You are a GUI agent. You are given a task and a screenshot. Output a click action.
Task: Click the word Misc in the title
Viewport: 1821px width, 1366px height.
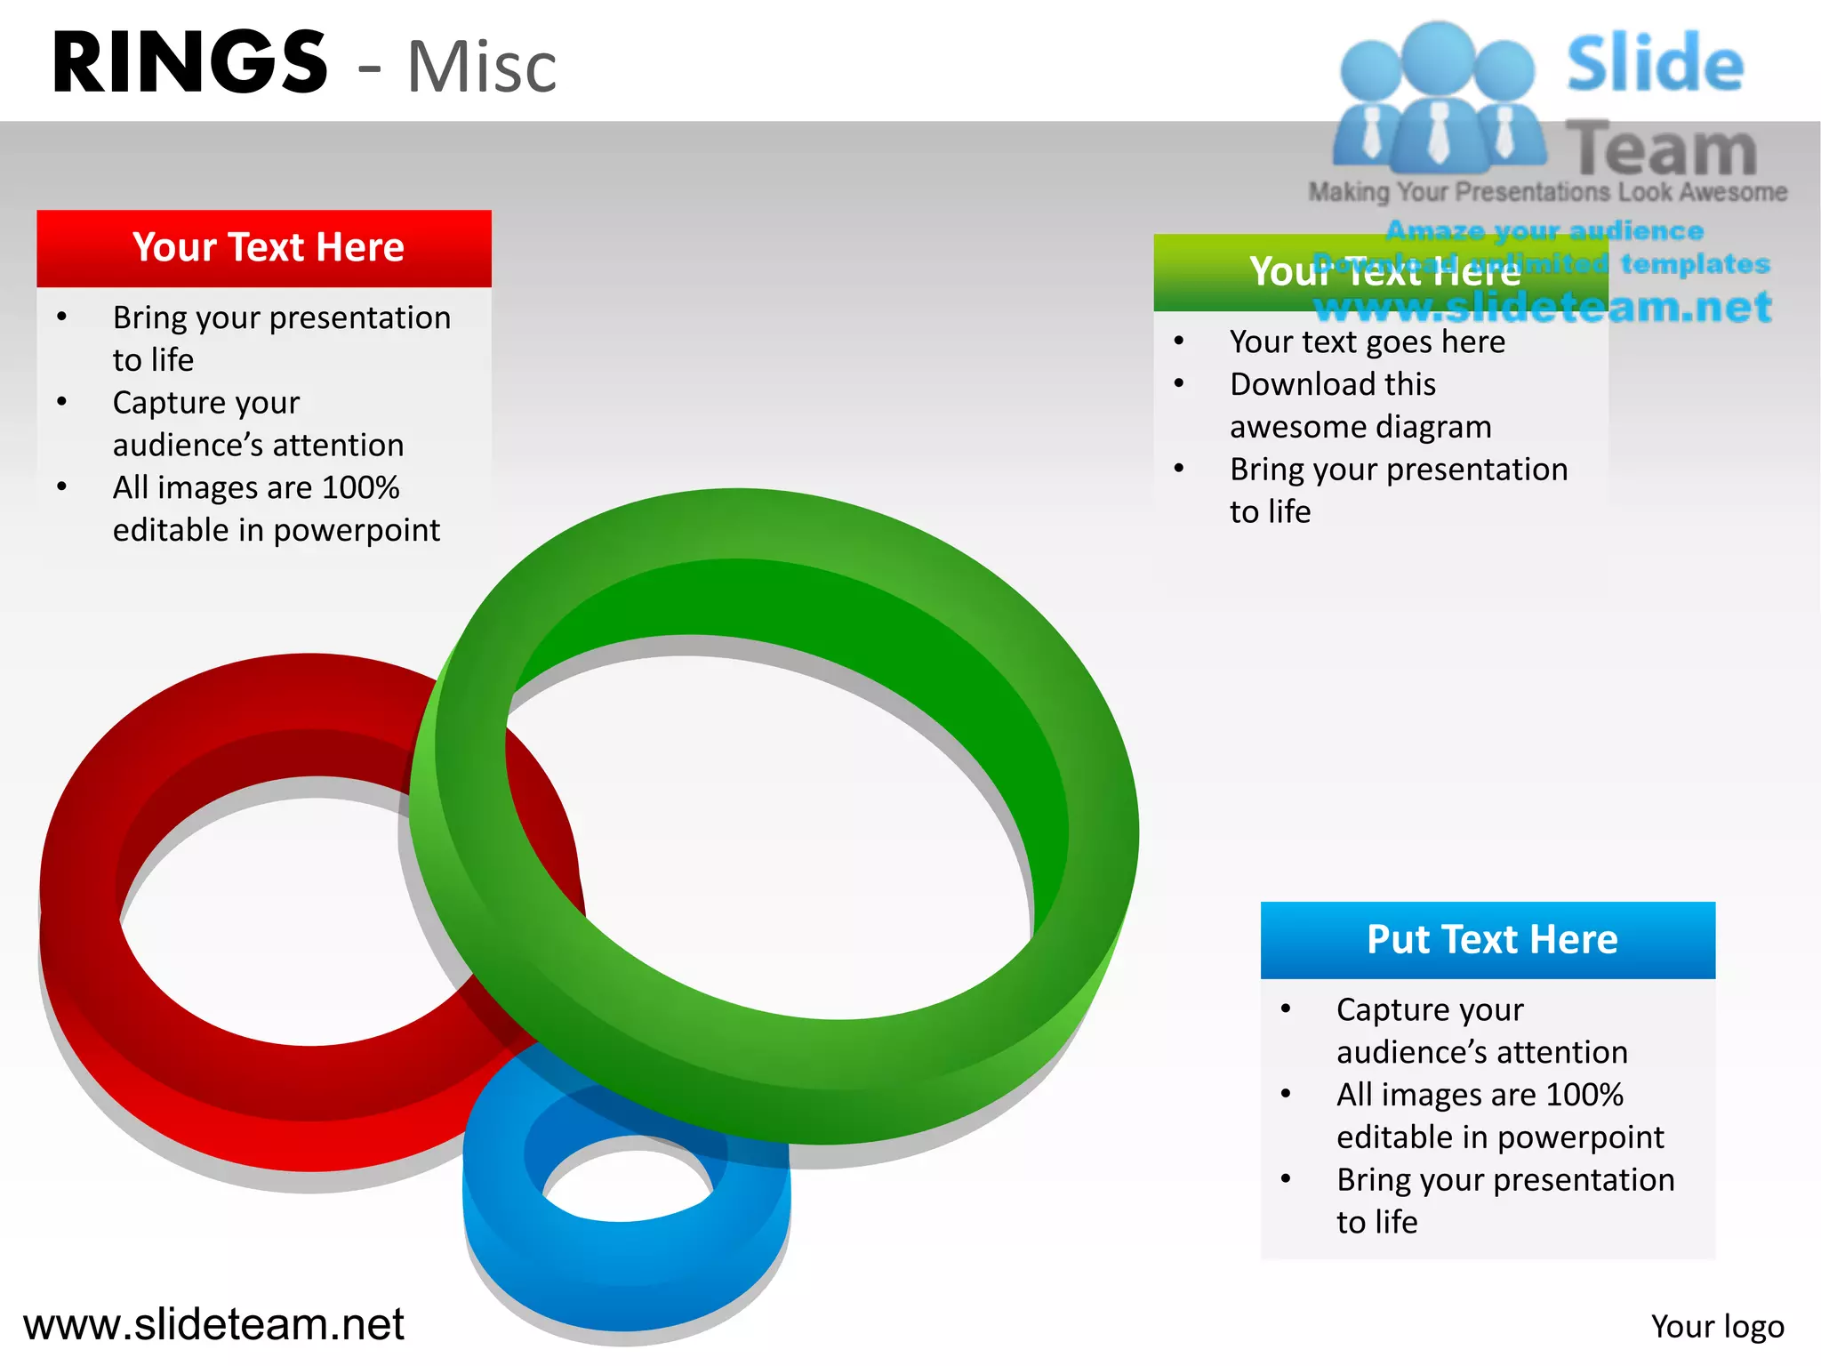click(x=481, y=68)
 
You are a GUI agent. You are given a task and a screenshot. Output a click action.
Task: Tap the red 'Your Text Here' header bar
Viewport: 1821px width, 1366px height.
click(x=264, y=248)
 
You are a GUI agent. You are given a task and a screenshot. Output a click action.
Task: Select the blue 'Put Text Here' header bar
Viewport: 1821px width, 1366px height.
click(x=1488, y=939)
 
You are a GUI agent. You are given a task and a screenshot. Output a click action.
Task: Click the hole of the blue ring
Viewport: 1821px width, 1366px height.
click(x=628, y=1179)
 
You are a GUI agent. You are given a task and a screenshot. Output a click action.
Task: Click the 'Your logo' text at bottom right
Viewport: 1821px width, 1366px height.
click(x=1716, y=1326)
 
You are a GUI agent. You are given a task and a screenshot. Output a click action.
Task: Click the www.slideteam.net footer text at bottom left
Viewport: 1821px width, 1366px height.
click(x=213, y=1324)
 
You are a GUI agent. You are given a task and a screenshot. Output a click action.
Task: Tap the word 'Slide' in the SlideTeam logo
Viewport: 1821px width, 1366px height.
click(x=1654, y=64)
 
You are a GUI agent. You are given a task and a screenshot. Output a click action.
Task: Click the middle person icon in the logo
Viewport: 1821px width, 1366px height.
click(x=1437, y=98)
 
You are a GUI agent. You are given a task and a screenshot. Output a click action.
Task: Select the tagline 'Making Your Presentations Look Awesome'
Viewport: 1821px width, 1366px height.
click(x=1547, y=192)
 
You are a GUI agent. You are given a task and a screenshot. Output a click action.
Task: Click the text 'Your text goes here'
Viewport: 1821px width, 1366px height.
click(x=1367, y=342)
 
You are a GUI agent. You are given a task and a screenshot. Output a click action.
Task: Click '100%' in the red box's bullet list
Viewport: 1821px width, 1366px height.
click(x=360, y=487)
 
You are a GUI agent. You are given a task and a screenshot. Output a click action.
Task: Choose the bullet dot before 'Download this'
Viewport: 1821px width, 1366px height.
click(x=1179, y=383)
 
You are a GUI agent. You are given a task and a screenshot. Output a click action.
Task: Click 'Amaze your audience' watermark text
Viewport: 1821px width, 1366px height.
click(x=1544, y=230)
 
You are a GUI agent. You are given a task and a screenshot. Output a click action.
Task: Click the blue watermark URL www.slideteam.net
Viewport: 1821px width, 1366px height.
click(x=1543, y=308)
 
